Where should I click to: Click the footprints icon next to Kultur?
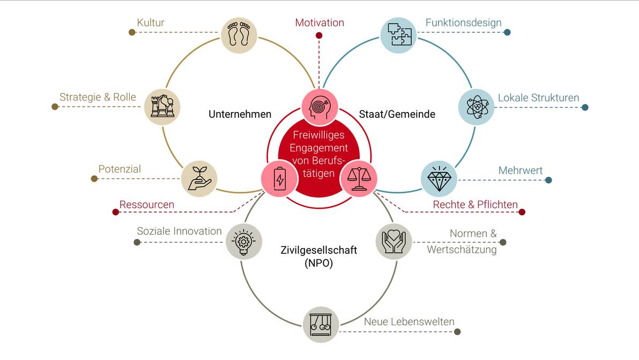(239, 35)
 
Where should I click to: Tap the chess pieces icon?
(162, 106)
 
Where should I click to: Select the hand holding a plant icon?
(199, 178)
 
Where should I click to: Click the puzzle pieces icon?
(398, 35)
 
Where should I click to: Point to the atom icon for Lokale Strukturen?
(476, 107)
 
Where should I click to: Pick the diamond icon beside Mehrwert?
(439, 178)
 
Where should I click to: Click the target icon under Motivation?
(319, 106)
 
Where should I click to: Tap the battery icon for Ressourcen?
(279, 178)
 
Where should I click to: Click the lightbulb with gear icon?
(244, 242)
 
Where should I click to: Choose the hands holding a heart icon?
(393, 242)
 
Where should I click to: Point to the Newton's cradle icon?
(321, 324)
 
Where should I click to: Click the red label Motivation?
(319, 22)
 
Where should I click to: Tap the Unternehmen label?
(240, 114)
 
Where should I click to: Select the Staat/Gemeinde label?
(397, 114)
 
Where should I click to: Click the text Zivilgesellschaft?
(318, 250)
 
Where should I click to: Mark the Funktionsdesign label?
(463, 22)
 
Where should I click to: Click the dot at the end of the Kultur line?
(132, 32)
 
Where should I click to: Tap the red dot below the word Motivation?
(319, 36)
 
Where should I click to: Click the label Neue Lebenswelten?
(409, 322)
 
